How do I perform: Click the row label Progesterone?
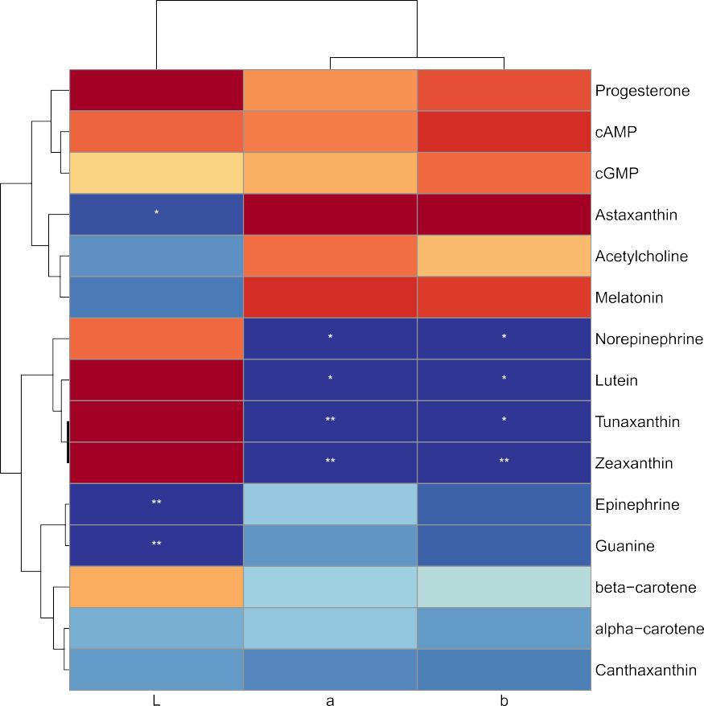click(642, 91)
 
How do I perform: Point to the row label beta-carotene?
click(645, 588)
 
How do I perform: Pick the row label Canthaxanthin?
click(645, 671)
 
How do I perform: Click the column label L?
click(156, 700)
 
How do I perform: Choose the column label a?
click(330, 700)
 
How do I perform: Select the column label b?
click(504, 700)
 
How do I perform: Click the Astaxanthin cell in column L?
click(156, 215)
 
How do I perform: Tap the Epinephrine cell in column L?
click(156, 505)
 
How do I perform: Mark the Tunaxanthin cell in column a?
click(330, 422)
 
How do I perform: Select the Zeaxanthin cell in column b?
click(504, 464)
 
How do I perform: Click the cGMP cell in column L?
click(156, 174)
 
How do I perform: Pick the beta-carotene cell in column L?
click(156, 588)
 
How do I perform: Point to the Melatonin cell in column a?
click(330, 298)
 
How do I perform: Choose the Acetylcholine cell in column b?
click(504, 257)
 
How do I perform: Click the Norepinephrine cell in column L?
click(156, 339)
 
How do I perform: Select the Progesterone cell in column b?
click(504, 91)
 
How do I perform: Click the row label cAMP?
click(616, 132)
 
